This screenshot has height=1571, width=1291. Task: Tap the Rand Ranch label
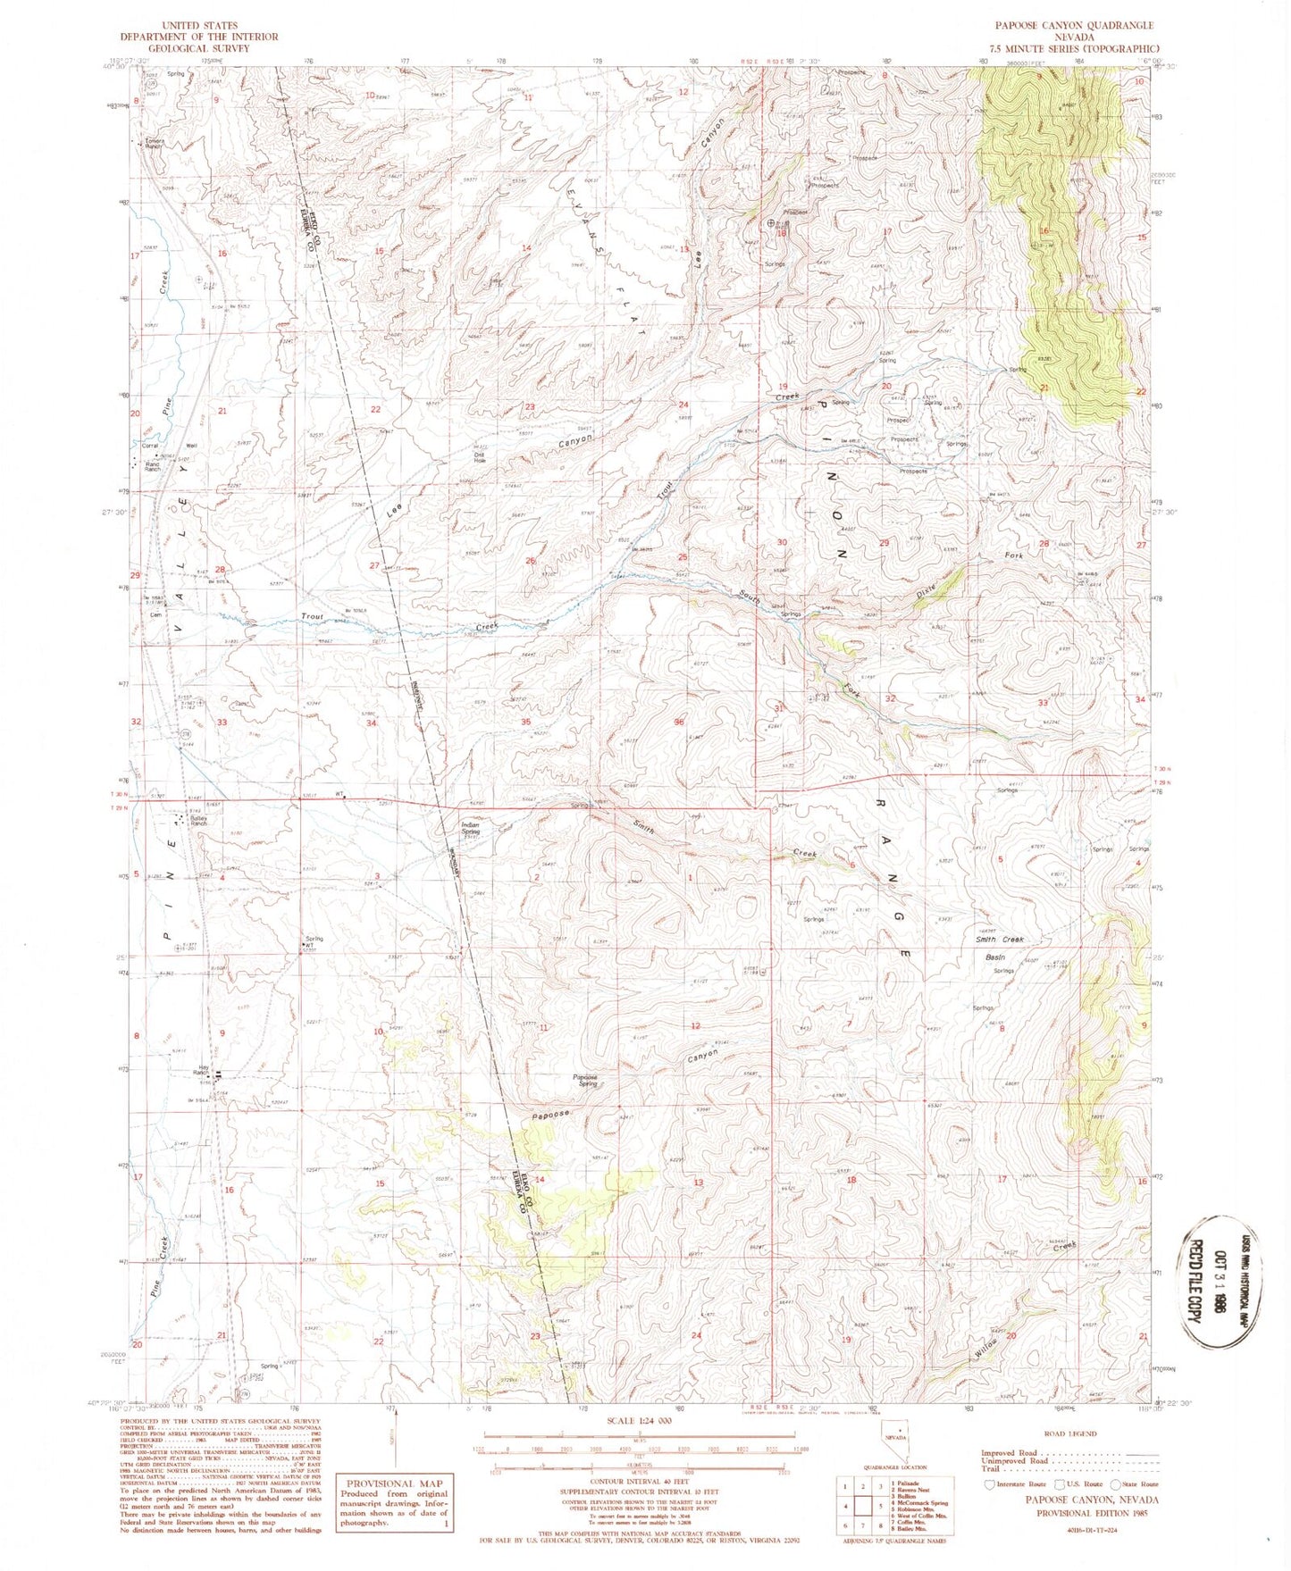[x=153, y=465]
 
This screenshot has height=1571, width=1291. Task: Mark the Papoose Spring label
[x=586, y=1081]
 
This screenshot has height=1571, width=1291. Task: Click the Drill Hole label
[x=480, y=456]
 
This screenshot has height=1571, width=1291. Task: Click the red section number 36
[x=679, y=722]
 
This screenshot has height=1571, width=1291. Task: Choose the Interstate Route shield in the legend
[x=988, y=1485]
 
